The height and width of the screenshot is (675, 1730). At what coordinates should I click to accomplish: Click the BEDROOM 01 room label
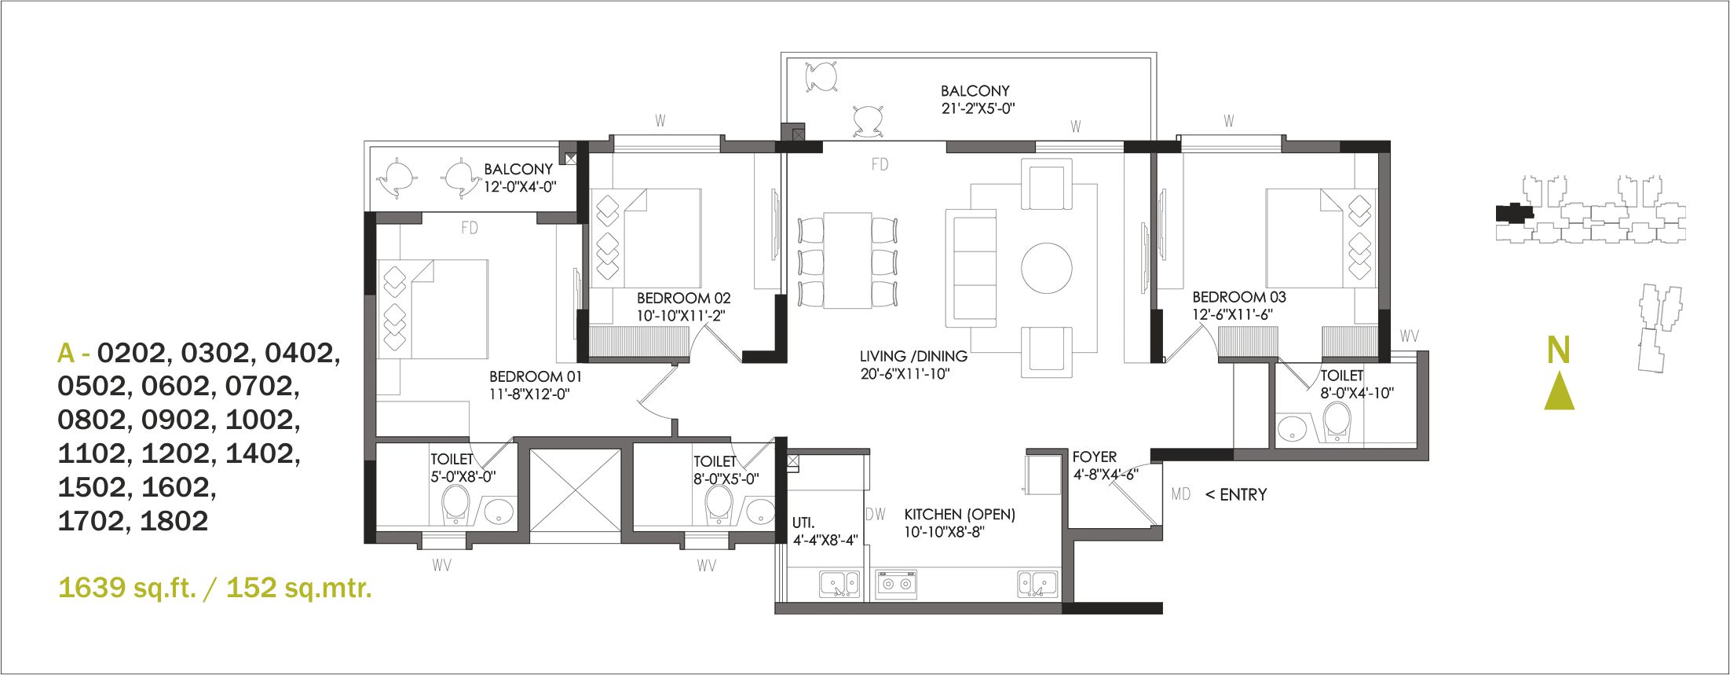[x=536, y=376]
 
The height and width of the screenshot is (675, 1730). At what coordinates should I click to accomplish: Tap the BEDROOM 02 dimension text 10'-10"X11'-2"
[x=680, y=316]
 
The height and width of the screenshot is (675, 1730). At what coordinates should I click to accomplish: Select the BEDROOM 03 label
[x=1239, y=297]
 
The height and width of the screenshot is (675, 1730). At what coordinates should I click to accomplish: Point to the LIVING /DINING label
[x=913, y=356]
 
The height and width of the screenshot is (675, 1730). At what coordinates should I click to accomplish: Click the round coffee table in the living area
[x=1046, y=268]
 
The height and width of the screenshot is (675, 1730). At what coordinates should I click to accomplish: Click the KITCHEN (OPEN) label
[x=960, y=514]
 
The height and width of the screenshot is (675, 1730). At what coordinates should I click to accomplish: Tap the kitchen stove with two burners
[x=896, y=585]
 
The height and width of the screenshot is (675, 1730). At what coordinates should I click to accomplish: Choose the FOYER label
[x=1095, y=457]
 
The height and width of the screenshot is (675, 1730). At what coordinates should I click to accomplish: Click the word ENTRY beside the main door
[x=1243, y=494]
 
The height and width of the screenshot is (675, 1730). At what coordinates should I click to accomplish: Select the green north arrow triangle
[x=1559, y=392]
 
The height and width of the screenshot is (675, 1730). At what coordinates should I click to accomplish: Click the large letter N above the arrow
[x=1559, y=350]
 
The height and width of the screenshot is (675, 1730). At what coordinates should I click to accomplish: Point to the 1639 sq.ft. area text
[x=127, y=587]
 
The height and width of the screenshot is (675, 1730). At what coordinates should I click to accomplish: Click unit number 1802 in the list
[x=174, y=521]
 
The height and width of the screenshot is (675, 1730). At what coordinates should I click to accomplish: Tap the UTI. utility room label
[x=803, y=523]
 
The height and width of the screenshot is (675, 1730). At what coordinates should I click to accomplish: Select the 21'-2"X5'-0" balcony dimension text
[x=978, y=108]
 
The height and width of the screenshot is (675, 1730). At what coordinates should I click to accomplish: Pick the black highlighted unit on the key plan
[x=1514, y=211]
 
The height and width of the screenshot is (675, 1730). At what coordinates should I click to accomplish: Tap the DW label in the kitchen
[x=876, y=515]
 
